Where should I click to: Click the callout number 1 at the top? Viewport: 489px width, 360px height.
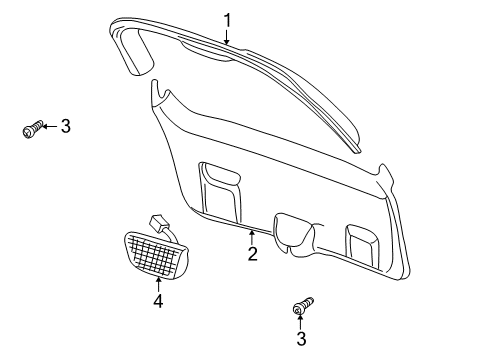(227, 18)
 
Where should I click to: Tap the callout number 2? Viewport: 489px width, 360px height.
(252, 254)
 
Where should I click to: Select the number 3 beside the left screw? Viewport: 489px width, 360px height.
(65, 126)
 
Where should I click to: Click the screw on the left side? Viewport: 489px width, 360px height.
(32, 129)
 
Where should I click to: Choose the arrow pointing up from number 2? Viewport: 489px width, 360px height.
(250, 236)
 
